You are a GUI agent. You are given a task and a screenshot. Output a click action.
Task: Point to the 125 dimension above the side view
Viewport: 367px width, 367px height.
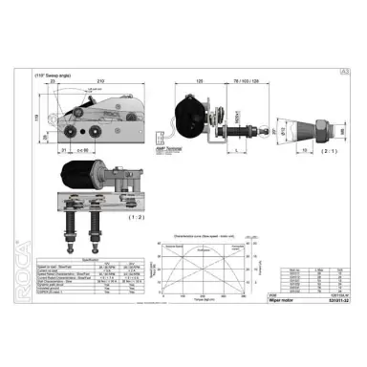200,82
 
